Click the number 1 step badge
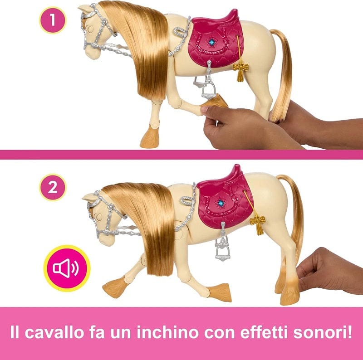pyautogui.click(x=53, y=20)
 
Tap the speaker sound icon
pyautogui.click(x=66, y=268)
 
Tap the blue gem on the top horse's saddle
pyautogui.click(x=211, y=42)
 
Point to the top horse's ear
pyautogui.click(x=84, y=8)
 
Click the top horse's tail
pyautogui.click(x=282, y=77)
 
